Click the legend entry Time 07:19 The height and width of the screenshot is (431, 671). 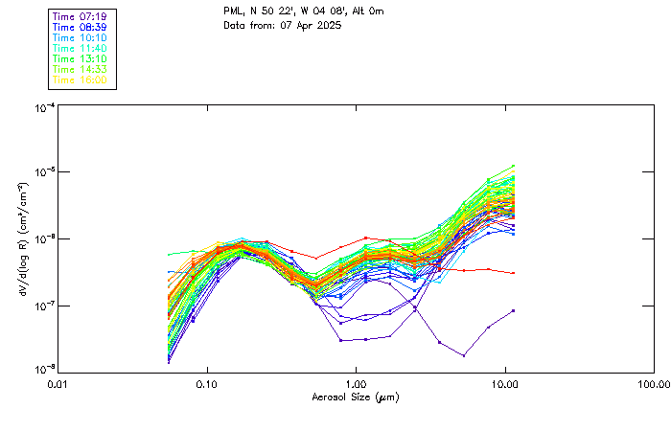[x=80, y=17]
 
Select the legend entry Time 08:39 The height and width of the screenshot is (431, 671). [x=80, y=28]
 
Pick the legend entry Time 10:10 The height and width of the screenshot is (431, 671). [x=80, y=38]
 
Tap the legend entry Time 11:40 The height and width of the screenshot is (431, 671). [x=80, y=49]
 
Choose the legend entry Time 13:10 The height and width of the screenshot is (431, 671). [x=80, y=59]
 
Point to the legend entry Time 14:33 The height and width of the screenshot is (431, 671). [x=80, y=70]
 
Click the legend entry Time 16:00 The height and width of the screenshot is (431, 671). [x=80, y=80]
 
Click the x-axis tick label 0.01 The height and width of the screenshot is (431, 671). [x=58, y=383]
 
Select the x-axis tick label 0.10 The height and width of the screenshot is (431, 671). [x=207, y=383]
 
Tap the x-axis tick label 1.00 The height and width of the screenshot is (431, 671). [x=357, y=383]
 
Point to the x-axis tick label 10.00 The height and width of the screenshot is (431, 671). [x=505, y=383]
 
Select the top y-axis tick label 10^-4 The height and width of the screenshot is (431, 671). [x=44, y=108]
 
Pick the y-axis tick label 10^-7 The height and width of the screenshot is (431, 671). [x=44, y=306]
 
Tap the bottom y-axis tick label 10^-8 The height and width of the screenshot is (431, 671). [x=44, y=370]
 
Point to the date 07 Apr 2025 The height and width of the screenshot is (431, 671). [x=310, y=25]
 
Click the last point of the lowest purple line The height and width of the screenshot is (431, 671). [x=514, y=310]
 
